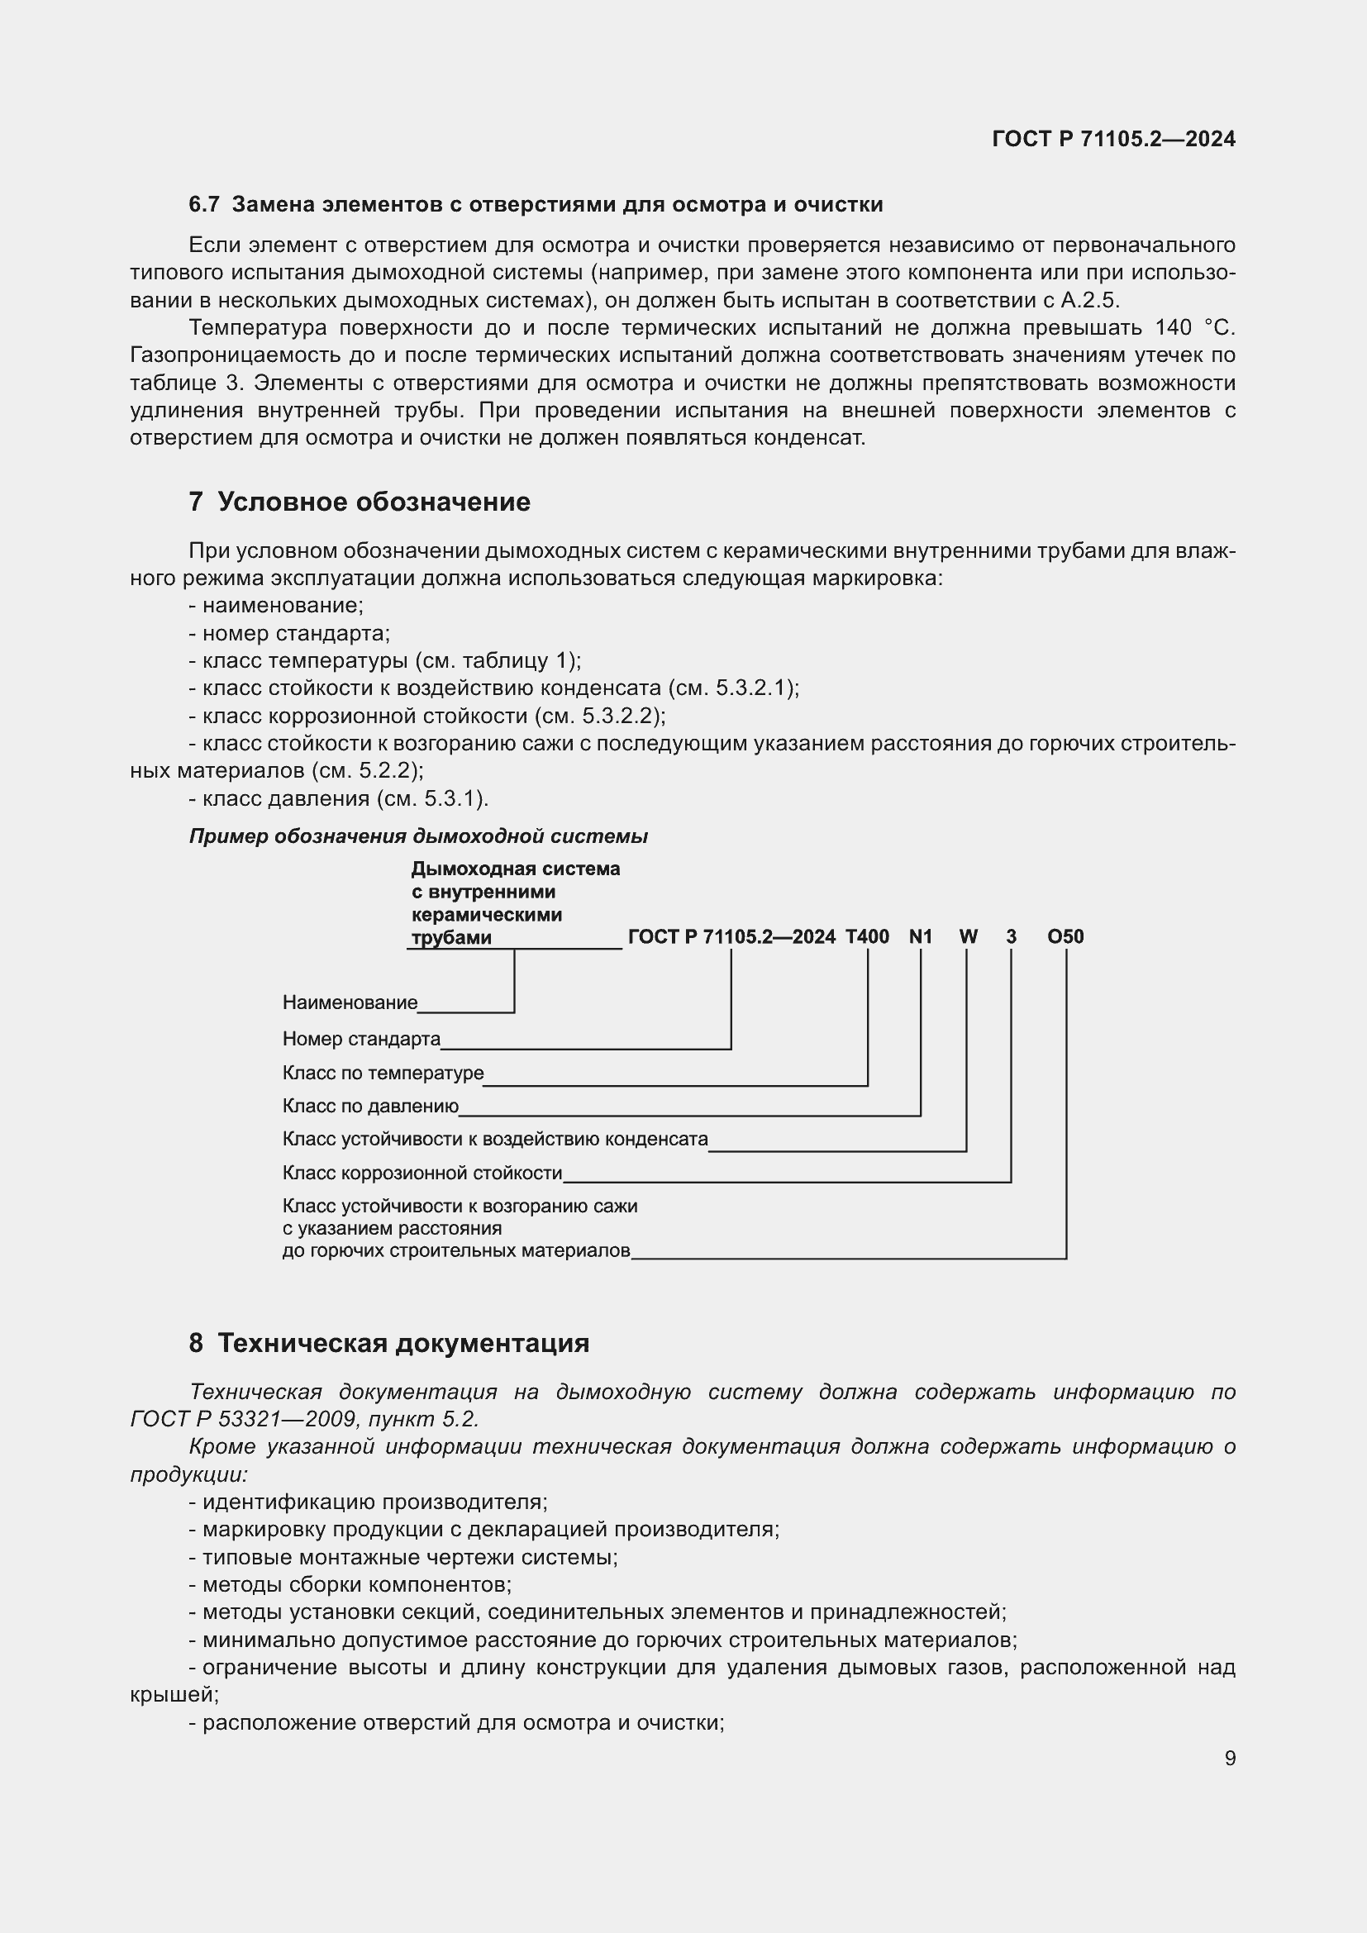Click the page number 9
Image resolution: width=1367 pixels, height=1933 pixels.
pos(1230,1758)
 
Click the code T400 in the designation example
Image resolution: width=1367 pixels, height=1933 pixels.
pos(867,937)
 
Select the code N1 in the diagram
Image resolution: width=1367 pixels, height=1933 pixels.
pos(921,937)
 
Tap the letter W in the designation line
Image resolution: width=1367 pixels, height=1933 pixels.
pos(968,937)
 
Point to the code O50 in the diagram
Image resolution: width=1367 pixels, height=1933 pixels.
pos(1065,937)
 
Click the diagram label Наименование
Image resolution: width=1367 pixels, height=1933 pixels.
pos(350,1002)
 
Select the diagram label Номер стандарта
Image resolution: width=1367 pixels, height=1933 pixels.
pos(361,1039)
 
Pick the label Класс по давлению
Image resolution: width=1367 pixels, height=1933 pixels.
pos(370,1107)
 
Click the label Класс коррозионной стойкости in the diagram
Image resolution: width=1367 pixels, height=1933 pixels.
pos(422,1173)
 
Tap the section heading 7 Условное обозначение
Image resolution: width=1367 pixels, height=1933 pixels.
pos(360,502)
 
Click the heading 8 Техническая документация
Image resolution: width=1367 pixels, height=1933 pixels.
pos(389,1343)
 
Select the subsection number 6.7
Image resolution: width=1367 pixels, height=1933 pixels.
pos(203,205)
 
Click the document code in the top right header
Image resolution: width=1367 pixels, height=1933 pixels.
pos(1112,139)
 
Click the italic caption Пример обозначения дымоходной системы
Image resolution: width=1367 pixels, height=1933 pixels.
pos(418,836)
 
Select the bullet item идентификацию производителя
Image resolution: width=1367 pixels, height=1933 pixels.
pos(374,1502)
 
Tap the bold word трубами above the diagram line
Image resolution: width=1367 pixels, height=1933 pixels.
pos(451,938)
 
